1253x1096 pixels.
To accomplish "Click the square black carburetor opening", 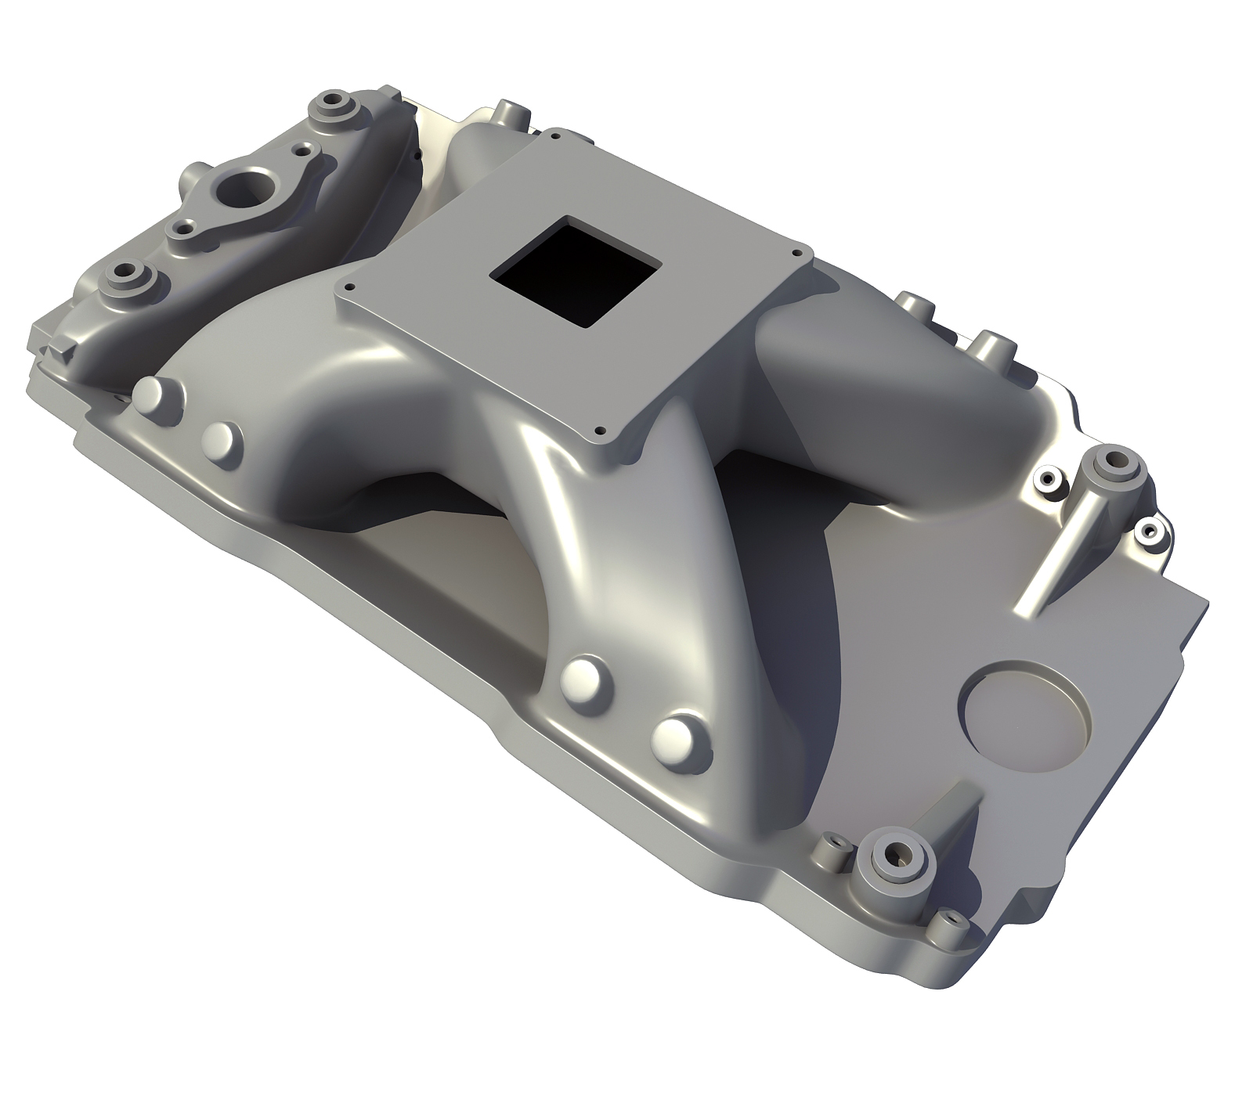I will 573,272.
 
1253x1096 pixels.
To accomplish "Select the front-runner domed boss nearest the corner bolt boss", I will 674,737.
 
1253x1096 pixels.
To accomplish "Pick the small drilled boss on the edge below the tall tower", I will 1149,532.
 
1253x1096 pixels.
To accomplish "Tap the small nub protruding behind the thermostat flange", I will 192,172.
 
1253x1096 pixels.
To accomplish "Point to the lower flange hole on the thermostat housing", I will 184,228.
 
